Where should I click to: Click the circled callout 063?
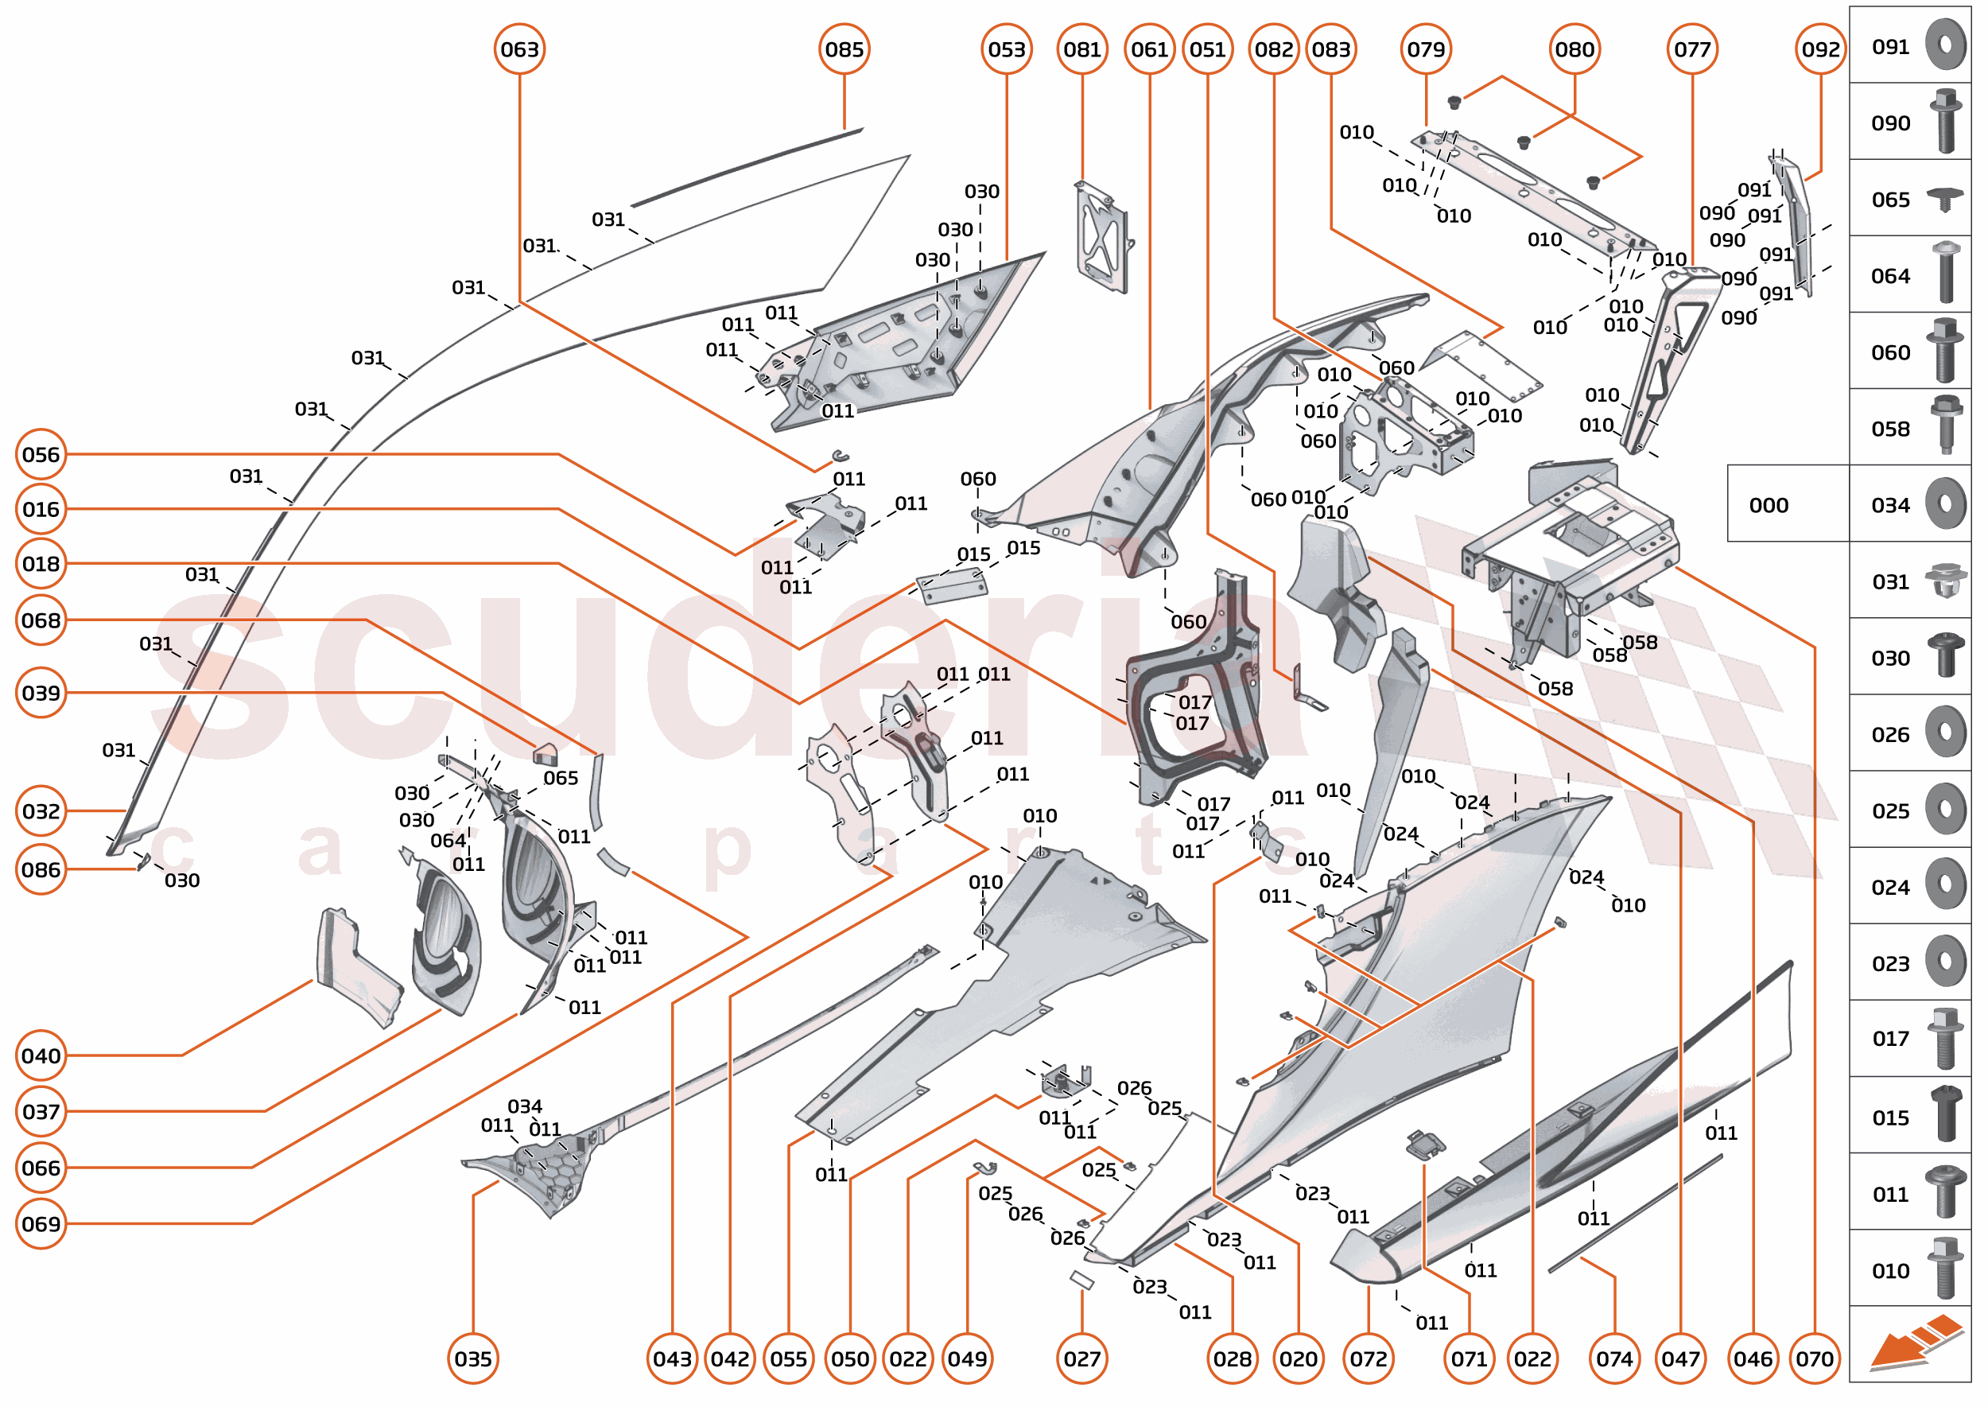(x=519, y=49)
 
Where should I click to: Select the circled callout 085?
(x=844, y=49)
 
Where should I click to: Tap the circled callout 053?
(x=1006, y=49)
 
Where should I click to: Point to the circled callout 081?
(x=1082, y=49)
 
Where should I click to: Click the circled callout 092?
(x=1820, y=49)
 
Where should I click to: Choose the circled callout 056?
(x=41, y=455)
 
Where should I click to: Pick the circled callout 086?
(x=41, y=870)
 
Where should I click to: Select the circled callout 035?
(x=473, y=1358)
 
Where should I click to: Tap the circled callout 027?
(x=1082, y=1358)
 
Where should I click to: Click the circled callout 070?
(x=1814, y=1358)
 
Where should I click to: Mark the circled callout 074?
(x=1615, y=1358)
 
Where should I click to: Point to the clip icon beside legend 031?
(x=1946, y=581)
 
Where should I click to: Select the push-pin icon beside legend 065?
(x=1946, y=200)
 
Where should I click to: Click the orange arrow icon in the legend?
(x=1914, y=1342)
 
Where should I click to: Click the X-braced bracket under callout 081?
(x=1102, y=235)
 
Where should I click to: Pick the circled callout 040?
(x=41, y=1056)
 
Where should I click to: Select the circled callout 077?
(x=1691, y=49)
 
